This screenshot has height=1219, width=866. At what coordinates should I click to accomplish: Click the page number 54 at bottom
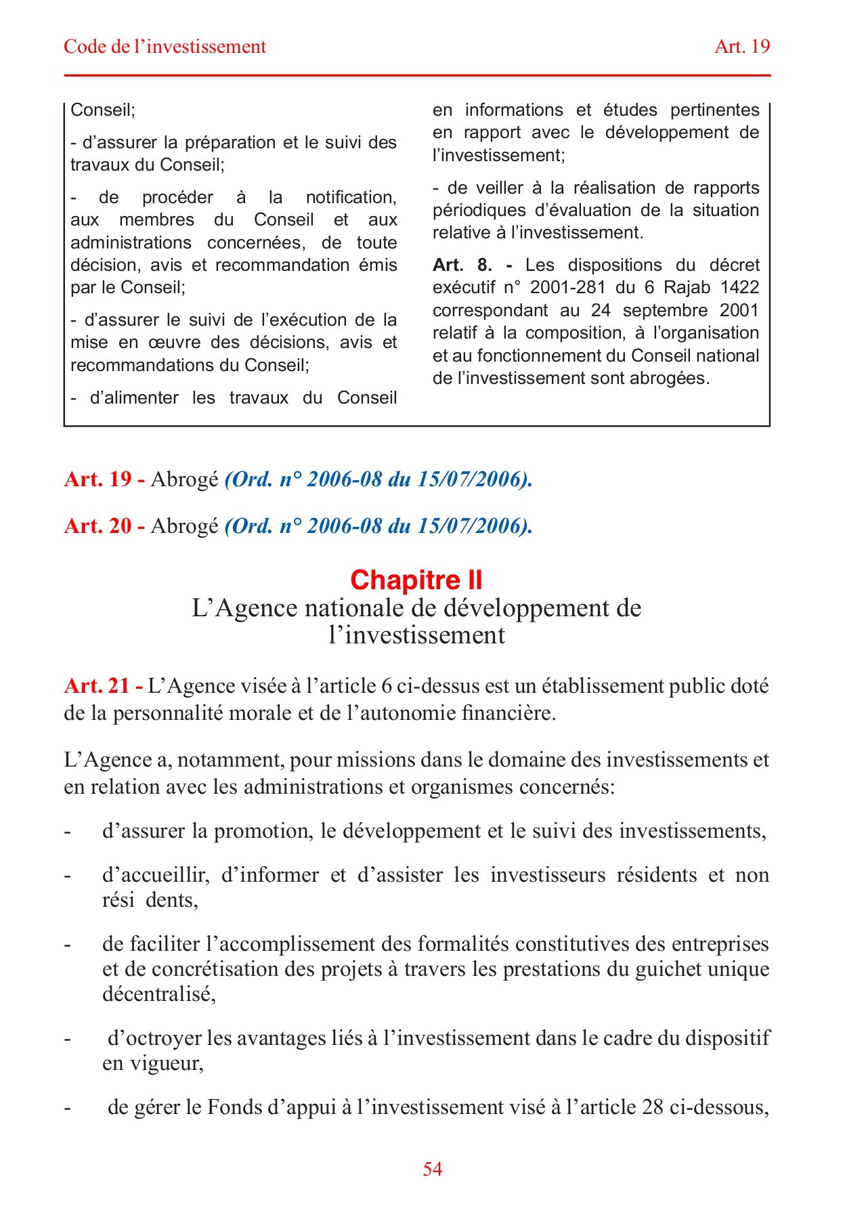[x=432, y=1168]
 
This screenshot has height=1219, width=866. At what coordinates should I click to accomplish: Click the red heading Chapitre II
[x=416, y=580]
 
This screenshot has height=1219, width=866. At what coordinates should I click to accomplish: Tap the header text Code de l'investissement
[x=165, y=46]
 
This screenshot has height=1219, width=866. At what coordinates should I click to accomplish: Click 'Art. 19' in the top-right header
[x=742, y=46]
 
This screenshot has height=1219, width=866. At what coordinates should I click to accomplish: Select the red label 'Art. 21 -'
[x=103, y=686]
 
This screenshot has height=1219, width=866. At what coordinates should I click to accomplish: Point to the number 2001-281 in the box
[x=567, y=287]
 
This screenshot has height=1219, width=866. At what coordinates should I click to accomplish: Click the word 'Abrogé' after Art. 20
[x=184, y=526]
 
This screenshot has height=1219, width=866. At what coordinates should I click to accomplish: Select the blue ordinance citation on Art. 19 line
[x=378, y=479]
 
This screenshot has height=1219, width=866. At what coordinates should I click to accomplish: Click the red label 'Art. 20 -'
[x=104, y=526]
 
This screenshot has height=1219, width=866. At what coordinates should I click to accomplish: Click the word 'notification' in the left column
[x=350, y=197]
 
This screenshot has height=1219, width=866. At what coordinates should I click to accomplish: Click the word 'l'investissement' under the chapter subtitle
[x=416, y=635]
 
